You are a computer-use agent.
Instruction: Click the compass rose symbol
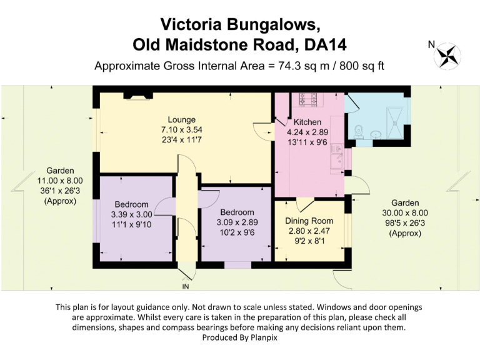449,55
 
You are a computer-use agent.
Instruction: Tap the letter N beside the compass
431,44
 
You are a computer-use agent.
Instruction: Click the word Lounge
181,119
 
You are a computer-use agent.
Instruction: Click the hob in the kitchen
309,99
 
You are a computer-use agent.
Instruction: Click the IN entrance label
185,286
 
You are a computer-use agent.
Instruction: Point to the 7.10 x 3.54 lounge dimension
181,129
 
